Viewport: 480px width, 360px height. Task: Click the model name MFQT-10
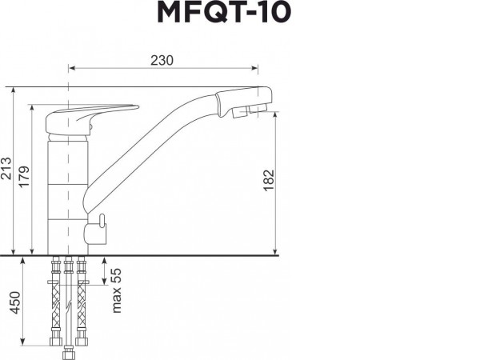239,14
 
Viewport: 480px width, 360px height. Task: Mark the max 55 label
116,290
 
